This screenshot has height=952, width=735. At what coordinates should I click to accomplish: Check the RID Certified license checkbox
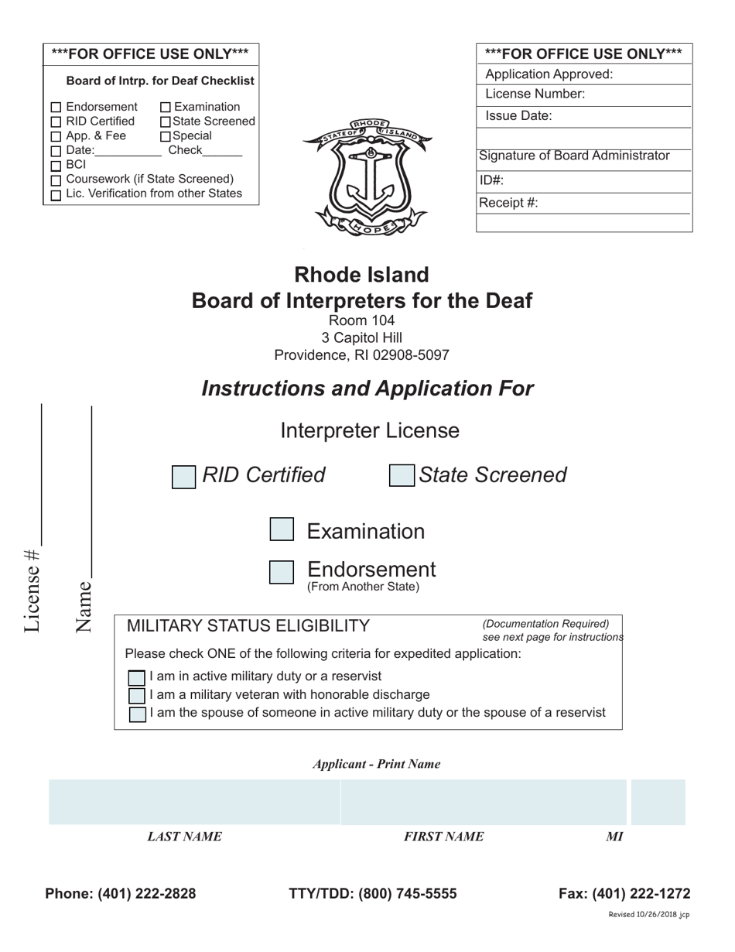(x=183, y=477)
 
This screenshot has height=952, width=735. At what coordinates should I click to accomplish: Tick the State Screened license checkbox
(x=402, y=476)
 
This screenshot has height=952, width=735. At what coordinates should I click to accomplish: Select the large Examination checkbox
(x=282, y=529)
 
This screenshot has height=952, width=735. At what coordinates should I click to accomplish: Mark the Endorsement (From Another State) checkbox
(x=282, y=573)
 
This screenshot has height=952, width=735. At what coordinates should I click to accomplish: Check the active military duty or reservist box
(x=137, y=678)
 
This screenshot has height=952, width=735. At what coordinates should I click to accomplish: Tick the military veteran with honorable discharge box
(x=137, y=695)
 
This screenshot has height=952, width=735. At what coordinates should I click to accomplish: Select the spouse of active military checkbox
(x=137, y=714)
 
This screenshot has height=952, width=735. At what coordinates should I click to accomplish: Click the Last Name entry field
(x=194, y=802)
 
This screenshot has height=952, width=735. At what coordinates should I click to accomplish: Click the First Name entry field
(x=484, y=802)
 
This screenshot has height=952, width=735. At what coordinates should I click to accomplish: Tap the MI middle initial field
(x=658, y=802)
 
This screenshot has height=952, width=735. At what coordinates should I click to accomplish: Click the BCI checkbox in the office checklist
(x=56, y=166)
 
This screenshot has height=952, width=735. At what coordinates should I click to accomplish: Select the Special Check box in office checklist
(x=166, y=136)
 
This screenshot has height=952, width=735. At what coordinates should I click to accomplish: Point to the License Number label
(x=535, y=94)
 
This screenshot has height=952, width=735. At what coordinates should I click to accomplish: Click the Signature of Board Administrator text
(x=574, y=156)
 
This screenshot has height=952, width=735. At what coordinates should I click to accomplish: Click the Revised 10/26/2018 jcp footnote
(x=648, y=915)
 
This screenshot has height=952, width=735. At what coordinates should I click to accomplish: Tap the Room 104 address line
(x=361, y=320)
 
